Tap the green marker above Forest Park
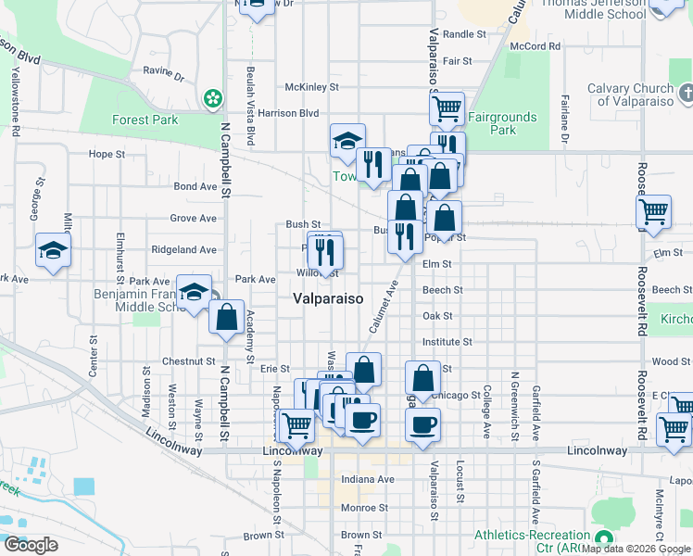(x=214, y=97)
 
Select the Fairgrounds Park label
(x=503, y=123)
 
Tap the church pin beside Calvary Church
(x=685, y=93)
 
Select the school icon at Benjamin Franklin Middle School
(x=194, y=293)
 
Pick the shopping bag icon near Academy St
(x=227, y=318)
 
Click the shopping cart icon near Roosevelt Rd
(x=654, y=212)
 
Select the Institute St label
(x=447, y=342)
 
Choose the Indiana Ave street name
(x=368, y=479)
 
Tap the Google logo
(x=31, y=545)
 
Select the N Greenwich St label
(x=511, y=404)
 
